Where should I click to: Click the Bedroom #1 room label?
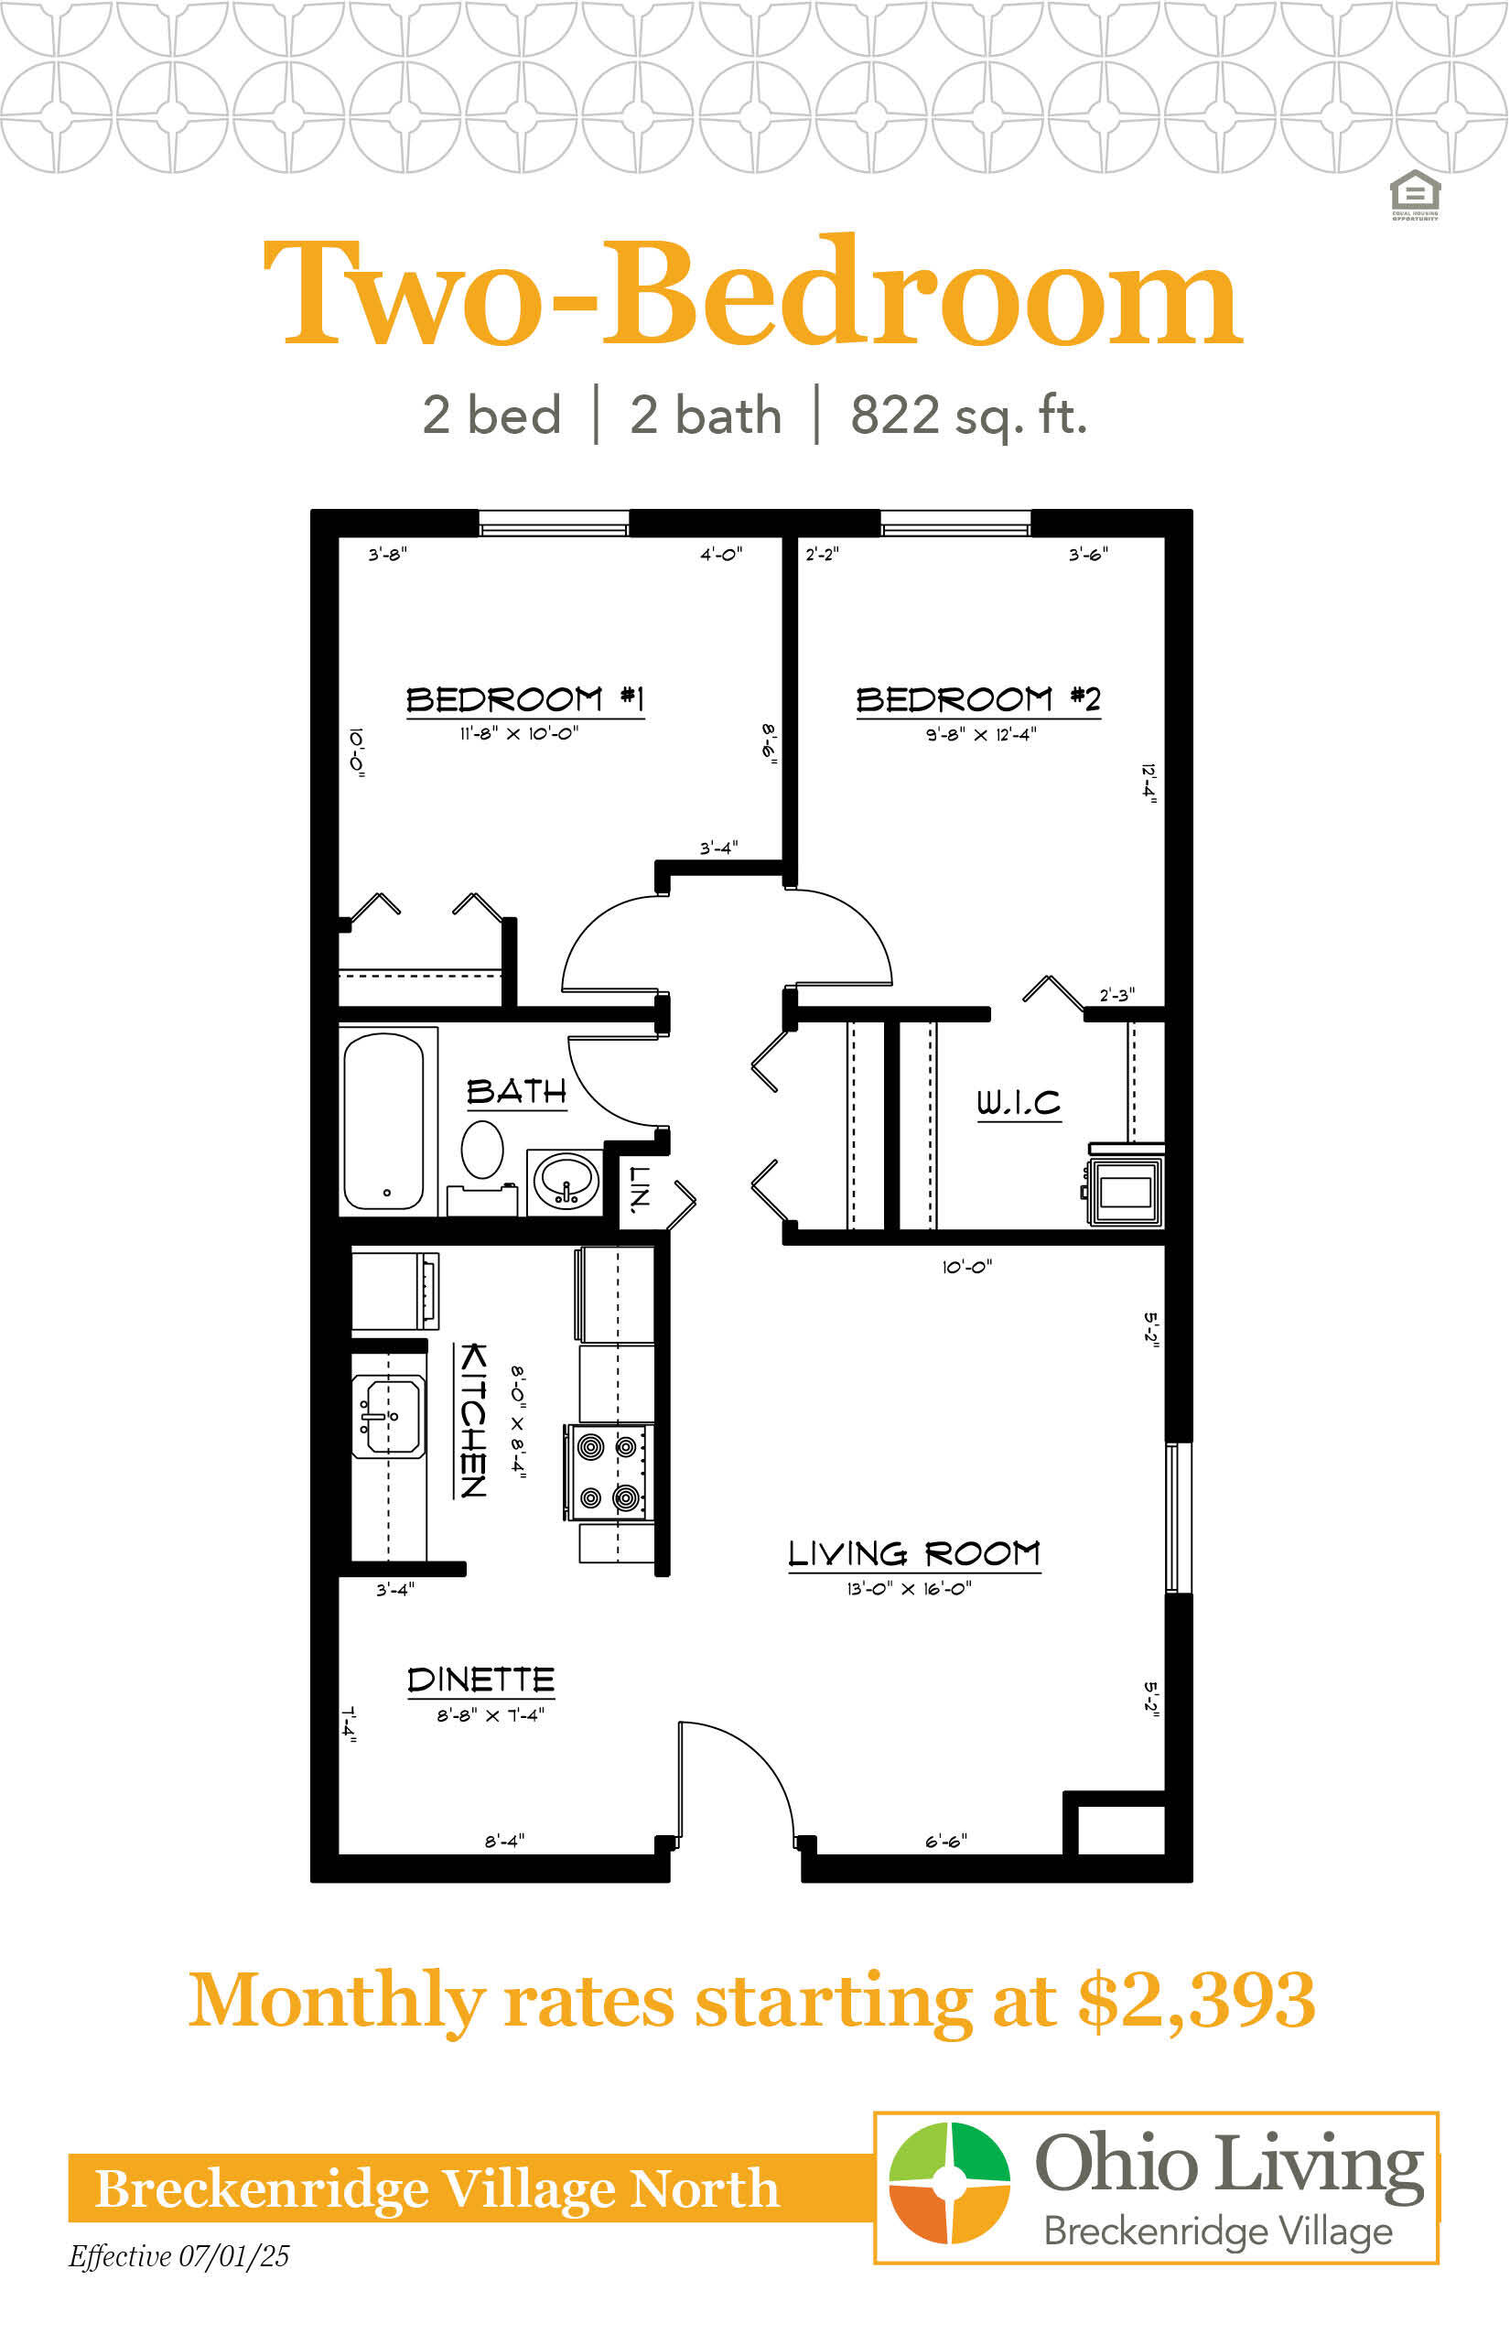click(525, 699)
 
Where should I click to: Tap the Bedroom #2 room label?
click(978, 699)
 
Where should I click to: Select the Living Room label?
click(915, 1553)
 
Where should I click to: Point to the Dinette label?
click(480, 1680)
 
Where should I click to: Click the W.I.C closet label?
click(1019, 1102)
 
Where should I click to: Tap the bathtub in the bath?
click(384, 1121)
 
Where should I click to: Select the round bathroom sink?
click(566, 1181)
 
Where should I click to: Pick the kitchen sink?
click(388, 1416)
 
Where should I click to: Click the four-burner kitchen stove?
click(608, 1472)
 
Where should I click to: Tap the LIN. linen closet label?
click(639, 1190)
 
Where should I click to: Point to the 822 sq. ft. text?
click(969, 415)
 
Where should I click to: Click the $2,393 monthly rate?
click(1197, 2001)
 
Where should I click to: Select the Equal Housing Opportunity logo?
click(1415, 194)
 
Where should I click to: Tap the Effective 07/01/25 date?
click(179, 2256)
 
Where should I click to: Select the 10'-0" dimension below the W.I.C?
click(966, 1267)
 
